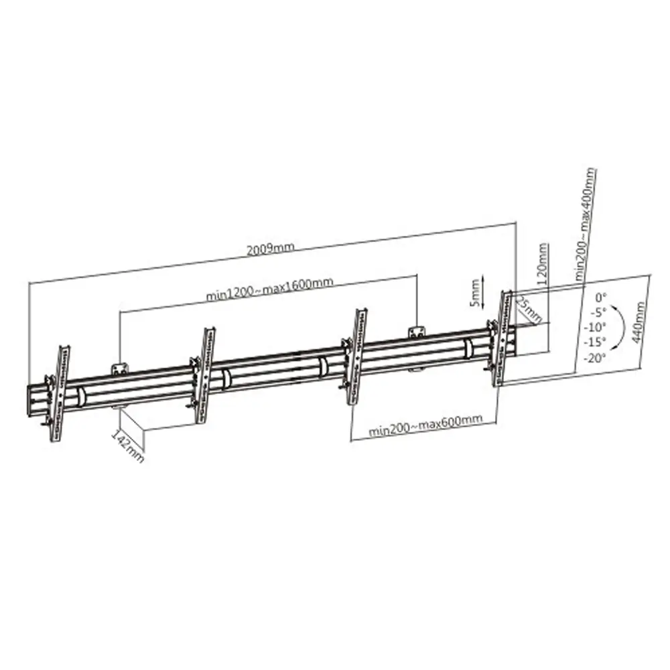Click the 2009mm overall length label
point(270,249)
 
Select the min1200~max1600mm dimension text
point(269,289)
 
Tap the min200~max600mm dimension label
point(426,426)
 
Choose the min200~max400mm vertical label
point(586,224)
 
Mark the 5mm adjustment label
point(475,293)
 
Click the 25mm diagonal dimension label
point(529,310)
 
